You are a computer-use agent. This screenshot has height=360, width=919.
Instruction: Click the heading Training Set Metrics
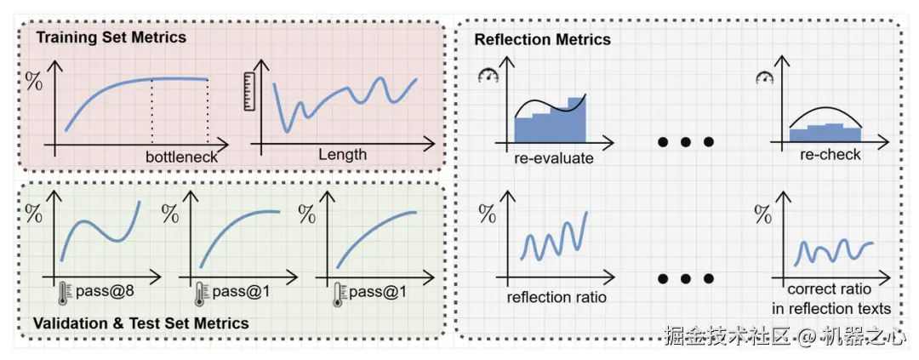coord(111,37)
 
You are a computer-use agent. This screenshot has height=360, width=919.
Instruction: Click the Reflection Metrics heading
coord(542,39)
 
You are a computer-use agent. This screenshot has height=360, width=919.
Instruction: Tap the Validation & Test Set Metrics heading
coord(140,323)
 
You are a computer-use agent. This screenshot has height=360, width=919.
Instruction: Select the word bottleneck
coord(181,157)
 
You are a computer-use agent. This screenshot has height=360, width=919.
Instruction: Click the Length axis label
coord(343,155)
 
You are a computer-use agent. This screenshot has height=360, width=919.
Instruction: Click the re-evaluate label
coord(554,157)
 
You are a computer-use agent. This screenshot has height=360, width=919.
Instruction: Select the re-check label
coord(831,155)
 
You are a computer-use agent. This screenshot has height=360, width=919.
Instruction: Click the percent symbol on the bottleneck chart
coord(33,82)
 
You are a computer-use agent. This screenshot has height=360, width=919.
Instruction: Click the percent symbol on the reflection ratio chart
coord(488,213)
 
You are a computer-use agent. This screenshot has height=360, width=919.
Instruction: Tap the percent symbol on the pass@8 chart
coord(33,214)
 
